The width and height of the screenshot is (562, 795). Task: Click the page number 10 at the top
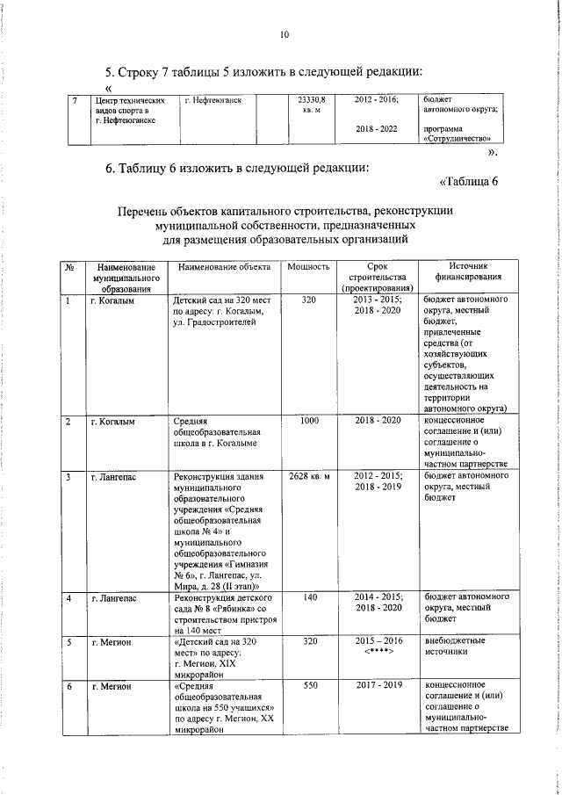(x=284, y=34)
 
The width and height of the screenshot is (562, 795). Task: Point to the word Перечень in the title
(x=153, y=211)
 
